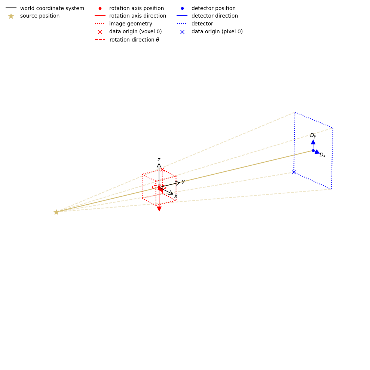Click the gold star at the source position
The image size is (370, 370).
click(x=56, y=212)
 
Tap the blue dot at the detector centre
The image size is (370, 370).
click(x=313, y=150)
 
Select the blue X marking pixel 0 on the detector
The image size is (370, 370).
click(x=294, y=172)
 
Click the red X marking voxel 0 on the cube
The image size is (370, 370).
click(x=162, y=169)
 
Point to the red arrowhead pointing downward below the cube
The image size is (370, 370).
click(x=159, y=209)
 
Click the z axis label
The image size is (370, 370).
click(x=159, y=160)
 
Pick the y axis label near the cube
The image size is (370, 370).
click(x=183, y=181)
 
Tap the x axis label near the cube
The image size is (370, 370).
click(x=176, y=196)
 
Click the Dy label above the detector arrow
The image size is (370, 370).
click(x=313, y=135)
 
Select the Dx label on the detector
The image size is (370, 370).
click(x=322, y=155)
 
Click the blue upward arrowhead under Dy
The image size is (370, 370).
click(x=313, y=142)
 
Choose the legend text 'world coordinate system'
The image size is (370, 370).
click(x=52, y=8)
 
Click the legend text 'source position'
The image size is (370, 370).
click(x=40, y=16)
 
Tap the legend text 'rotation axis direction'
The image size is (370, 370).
click(x=137, y=16)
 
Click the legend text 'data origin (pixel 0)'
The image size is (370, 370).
click(x=217, y=32)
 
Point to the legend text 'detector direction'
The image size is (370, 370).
click(x=214, y=16)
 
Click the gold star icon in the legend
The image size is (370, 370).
click(x=11, y=16)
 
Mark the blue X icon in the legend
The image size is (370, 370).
click(x=182, y=32)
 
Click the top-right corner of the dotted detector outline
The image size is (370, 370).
click(x=333, y=128)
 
